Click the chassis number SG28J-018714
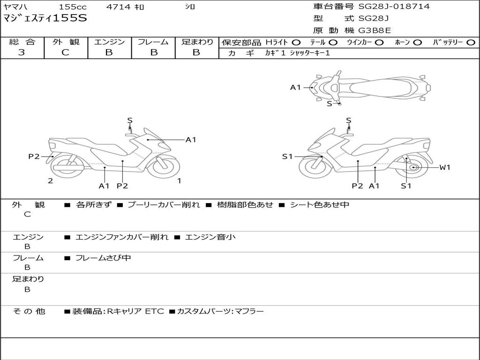[x=394, y=7]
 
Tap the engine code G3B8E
[x=375, y=31]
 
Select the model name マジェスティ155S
[x=45, y=18]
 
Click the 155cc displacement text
[x=73, y=7]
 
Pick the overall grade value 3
[x=22, y=52]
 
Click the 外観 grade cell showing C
[x=66, y=52]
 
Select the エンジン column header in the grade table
[x=109, y=42]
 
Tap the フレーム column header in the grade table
[x=153, y=42]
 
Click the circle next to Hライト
[x=296, y=43]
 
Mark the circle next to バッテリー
[x=471, y=43]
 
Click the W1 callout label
[x=444, y=167]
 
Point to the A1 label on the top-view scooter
[x=295, y=87]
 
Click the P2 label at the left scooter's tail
[x=34, y=157]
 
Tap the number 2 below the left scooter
[x=50, y=181]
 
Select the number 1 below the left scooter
[x=179, y=180]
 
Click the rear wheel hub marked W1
[x=413, y=167]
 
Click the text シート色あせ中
[x=319, y=205]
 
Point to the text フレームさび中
[x=103, y=258]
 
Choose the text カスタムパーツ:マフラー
[x=220, y=311]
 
